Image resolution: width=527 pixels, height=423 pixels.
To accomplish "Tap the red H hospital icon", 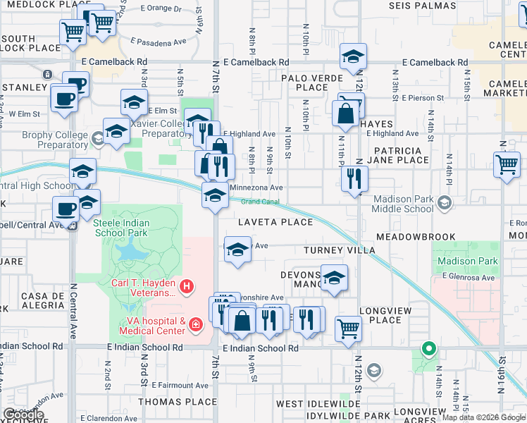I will [x=187, y=286].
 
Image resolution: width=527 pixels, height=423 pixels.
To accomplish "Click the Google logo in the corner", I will [x=23, y=415].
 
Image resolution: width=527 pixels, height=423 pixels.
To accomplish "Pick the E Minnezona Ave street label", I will [x=257, y=188].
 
